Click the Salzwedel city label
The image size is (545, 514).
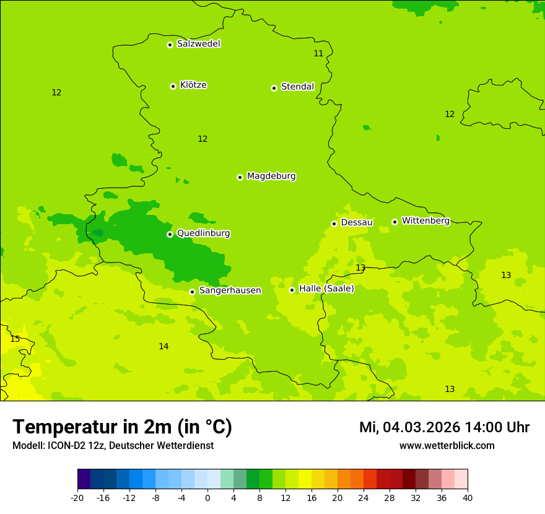198,44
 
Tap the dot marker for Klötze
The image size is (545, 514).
173,86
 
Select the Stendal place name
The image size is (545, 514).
297,87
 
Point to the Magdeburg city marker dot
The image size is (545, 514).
240,177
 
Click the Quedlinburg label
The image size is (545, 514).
203,233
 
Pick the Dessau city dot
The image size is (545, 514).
334,224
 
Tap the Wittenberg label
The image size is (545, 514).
425,220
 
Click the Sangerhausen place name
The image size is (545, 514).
230,290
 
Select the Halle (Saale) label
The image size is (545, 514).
326,289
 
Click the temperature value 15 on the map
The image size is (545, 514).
15,339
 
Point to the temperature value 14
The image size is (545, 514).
163,346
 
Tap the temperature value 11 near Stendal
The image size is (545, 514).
318,53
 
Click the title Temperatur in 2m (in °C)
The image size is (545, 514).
122,427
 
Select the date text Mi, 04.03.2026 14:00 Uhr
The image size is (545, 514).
444,427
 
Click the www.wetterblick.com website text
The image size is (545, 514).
447,446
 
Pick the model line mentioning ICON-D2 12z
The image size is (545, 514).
113,446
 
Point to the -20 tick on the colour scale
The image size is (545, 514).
77,498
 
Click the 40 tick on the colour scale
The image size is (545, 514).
468,498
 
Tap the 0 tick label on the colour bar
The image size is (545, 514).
207,498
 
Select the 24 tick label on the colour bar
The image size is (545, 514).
364,498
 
